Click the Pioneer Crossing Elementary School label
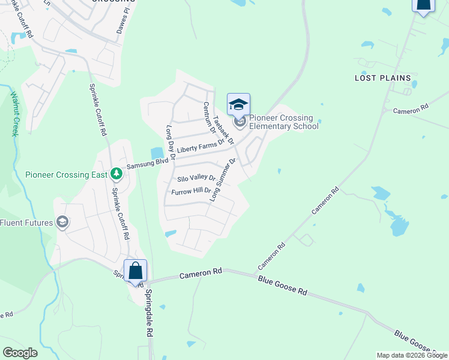click(283, 122)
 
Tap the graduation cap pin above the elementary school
click(238, 105)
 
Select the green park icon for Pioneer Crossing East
click(116, 175)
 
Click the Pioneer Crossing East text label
click(66, 175)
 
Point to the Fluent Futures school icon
click(62, 223)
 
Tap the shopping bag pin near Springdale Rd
click(136, 271)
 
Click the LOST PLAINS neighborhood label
click(383, 78)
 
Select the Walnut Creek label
click(14, 115)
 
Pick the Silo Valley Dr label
click(196, 178)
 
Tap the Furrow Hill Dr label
click(191, 192)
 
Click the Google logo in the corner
click(20, 353)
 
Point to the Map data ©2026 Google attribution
click(412, 355)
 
